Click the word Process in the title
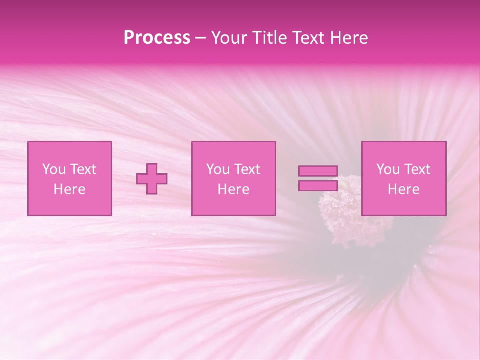(157, 38)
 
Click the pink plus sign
(152, 179)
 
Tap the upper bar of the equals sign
(318, 171)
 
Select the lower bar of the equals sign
(318, 185)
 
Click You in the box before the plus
(54, 169)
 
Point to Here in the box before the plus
(70, 189)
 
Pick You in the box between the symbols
(218, 169)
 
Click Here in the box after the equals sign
(404, 189)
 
